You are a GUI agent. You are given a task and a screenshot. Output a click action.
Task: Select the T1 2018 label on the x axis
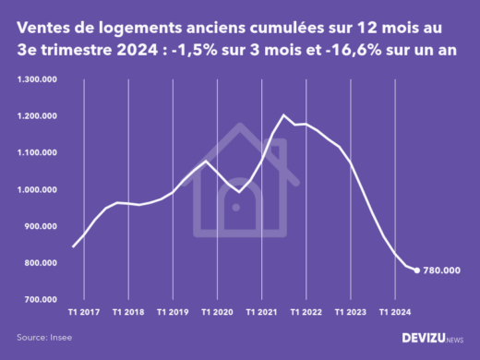[128, 312]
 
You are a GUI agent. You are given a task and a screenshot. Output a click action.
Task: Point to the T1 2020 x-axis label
[217, 312]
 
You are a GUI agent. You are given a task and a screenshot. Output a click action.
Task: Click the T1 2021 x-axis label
[261, 312]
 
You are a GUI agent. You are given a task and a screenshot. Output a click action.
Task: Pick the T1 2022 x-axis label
[306, 312]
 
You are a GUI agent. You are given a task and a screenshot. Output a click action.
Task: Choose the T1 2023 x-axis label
[350, 312]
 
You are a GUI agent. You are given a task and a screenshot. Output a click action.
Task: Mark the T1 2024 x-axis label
[394, 312]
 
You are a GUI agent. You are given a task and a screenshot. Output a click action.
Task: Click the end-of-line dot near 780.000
[416, 270]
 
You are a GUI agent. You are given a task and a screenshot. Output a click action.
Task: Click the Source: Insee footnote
[43, 338]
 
